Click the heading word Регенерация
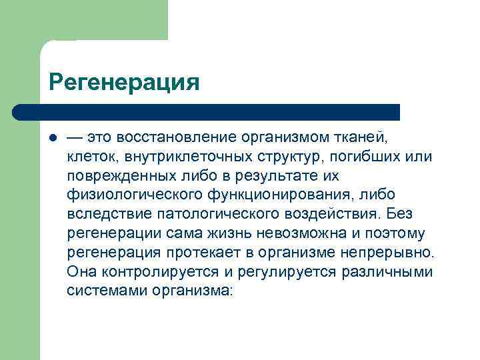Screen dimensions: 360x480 tap(124, 83)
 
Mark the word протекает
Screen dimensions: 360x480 tap(215, 253)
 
